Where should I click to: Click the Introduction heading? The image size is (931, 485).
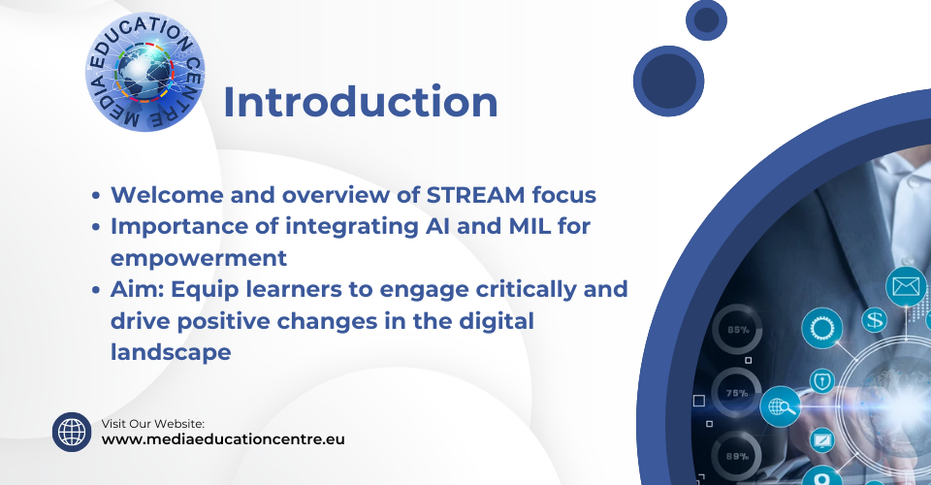pos(361,102)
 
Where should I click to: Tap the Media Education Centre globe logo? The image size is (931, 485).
pos(144,72)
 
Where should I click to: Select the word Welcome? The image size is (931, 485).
pos(167,195)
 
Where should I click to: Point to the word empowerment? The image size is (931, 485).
pos(199,258)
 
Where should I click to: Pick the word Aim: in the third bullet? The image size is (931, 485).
pos(137,289)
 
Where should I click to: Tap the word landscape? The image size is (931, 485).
pos(171,353)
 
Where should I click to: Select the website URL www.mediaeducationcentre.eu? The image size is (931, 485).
pos(223,439)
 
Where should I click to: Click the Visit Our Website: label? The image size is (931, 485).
pos(153,423)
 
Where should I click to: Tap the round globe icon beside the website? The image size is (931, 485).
pos(72,433)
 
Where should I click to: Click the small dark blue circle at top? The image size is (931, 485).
pos(707,20)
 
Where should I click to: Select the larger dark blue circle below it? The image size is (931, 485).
pos(668,81)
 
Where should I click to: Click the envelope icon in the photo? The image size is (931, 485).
pos(906,287)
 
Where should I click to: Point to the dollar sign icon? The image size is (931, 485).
pos(875,320)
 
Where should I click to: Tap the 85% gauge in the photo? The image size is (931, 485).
pos(738,330)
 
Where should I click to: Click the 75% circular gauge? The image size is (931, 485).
pos(736,393)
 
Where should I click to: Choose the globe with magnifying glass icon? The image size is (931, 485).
pos(780,406)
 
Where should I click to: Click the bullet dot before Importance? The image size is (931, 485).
pos(96,227)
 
